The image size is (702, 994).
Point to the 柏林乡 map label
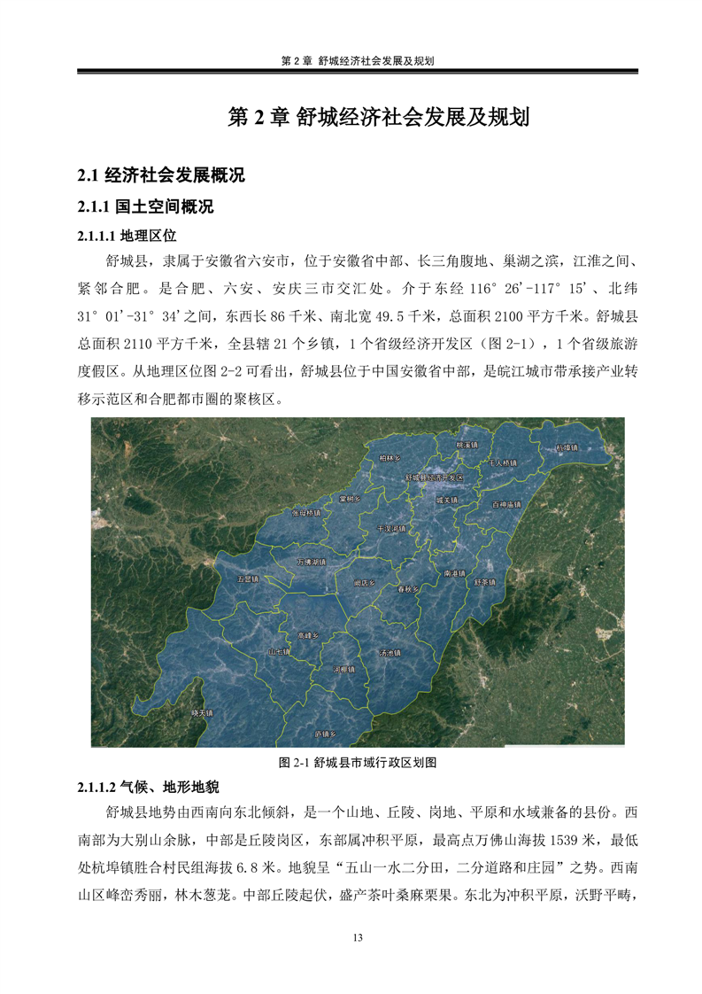[x=390, y=457]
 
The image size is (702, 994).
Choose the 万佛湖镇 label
[x=312, y=562]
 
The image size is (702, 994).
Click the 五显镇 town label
[x=248, y=579]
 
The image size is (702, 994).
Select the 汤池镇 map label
[x=390, y=652]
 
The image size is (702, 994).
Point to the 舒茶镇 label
[x=484, y=582]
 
